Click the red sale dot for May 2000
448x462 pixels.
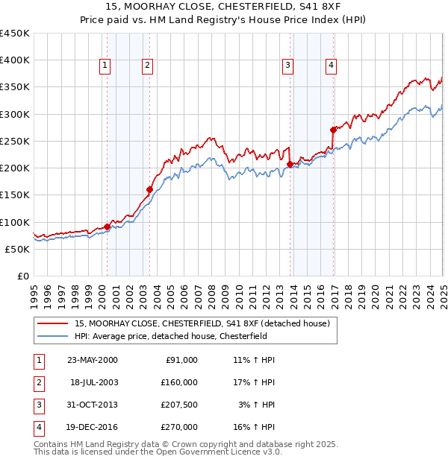point(107,227)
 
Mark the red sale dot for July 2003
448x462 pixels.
point(150,189)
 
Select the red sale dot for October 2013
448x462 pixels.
point(290,164)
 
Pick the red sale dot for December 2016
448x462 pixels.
point(333,130)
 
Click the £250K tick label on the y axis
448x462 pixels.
point(15,141)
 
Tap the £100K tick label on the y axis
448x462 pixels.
point(15,222)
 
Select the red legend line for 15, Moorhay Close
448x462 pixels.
point(53,323)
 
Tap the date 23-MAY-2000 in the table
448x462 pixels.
point(93,359)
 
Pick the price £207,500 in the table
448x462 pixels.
point(179,405)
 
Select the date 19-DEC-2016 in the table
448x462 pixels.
point(93,427)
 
